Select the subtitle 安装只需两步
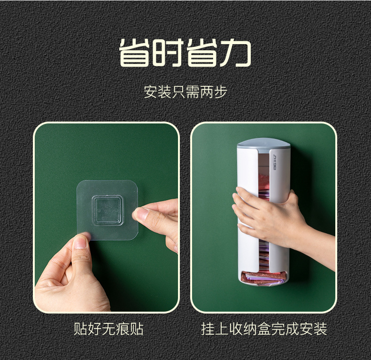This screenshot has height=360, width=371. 185,92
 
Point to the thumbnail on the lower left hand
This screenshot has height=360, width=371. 80,243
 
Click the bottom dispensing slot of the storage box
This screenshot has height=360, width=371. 263,276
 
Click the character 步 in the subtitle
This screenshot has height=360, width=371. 220,92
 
